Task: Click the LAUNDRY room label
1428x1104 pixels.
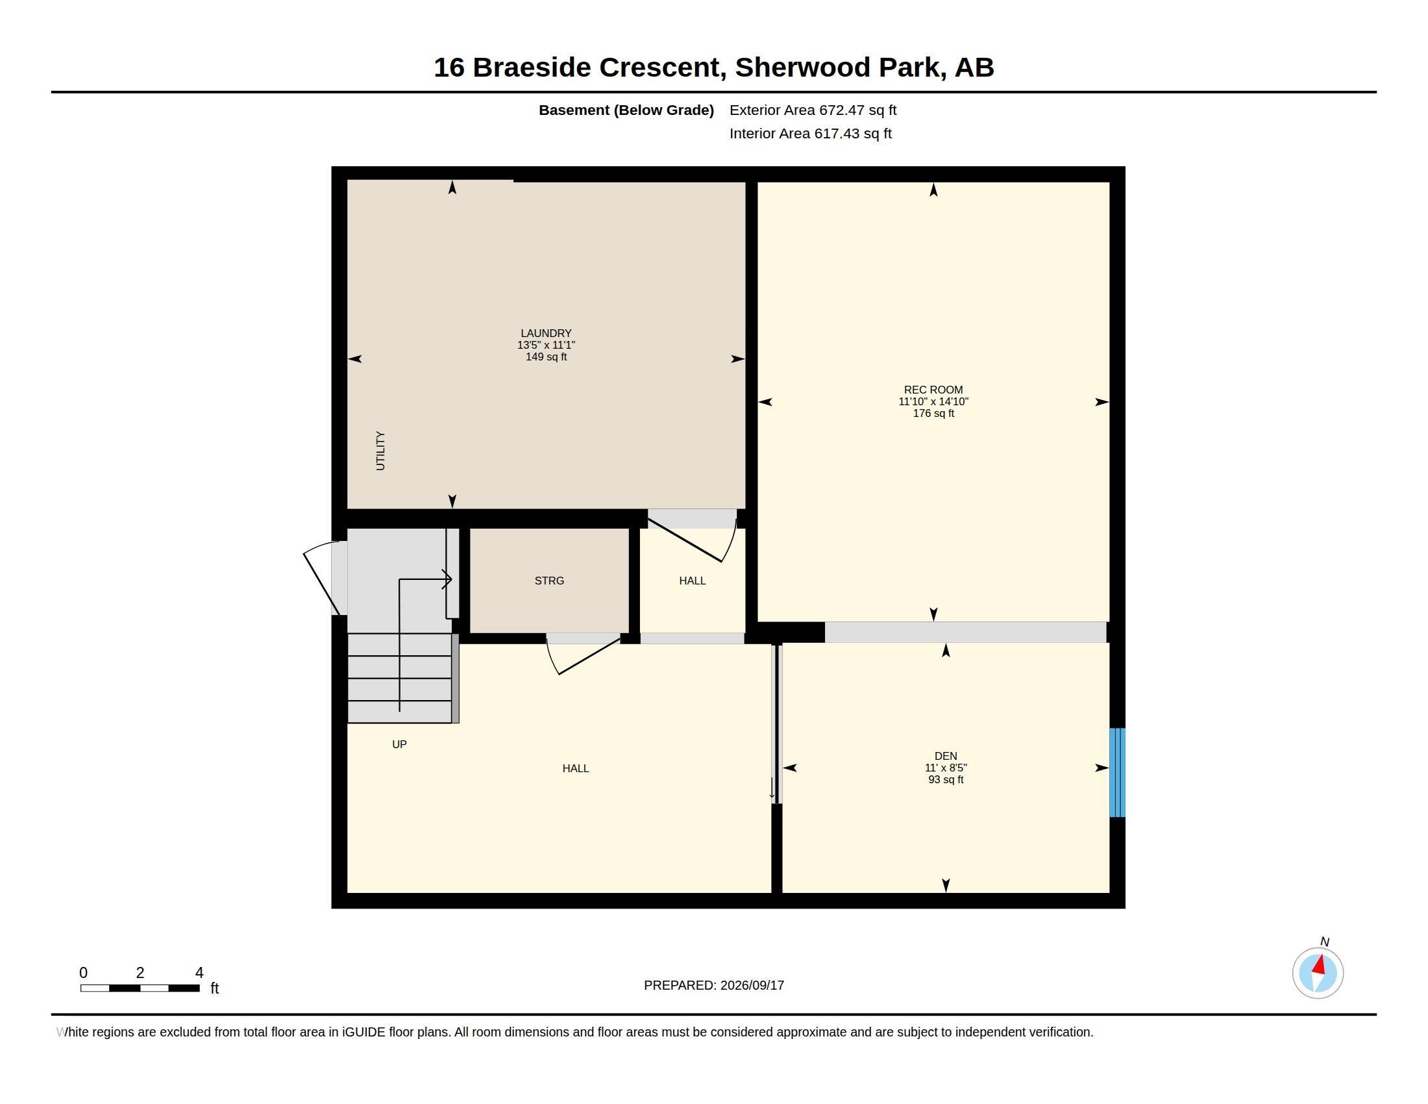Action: click(546, 333)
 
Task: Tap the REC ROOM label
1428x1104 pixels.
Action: click(933, 390)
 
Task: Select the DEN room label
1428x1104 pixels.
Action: click(946, 756)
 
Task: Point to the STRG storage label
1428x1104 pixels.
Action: click(549, 581)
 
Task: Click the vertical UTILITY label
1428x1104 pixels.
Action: click(380, 451)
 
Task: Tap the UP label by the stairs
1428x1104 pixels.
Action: click(399, 744)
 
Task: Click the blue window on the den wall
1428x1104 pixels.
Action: click(1117, 772)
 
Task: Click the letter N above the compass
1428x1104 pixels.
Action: click(1325, 942)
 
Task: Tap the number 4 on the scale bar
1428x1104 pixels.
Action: click(199, 973)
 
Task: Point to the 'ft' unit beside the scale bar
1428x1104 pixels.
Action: click(214, 988)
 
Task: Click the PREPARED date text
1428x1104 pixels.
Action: click(714, 985)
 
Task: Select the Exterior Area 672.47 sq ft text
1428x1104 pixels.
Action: click(813, 110)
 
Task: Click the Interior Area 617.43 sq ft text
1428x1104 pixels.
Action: click(811, 133)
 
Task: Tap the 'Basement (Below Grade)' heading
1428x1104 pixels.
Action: click(626, 110)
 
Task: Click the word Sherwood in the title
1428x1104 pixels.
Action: click(802, 68)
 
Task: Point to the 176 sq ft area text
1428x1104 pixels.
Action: click(933, 413)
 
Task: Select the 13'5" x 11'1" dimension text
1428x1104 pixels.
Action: click(546, 345)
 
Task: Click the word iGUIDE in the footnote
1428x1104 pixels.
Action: click(363, 1032)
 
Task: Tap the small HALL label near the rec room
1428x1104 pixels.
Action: click(693, 581)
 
